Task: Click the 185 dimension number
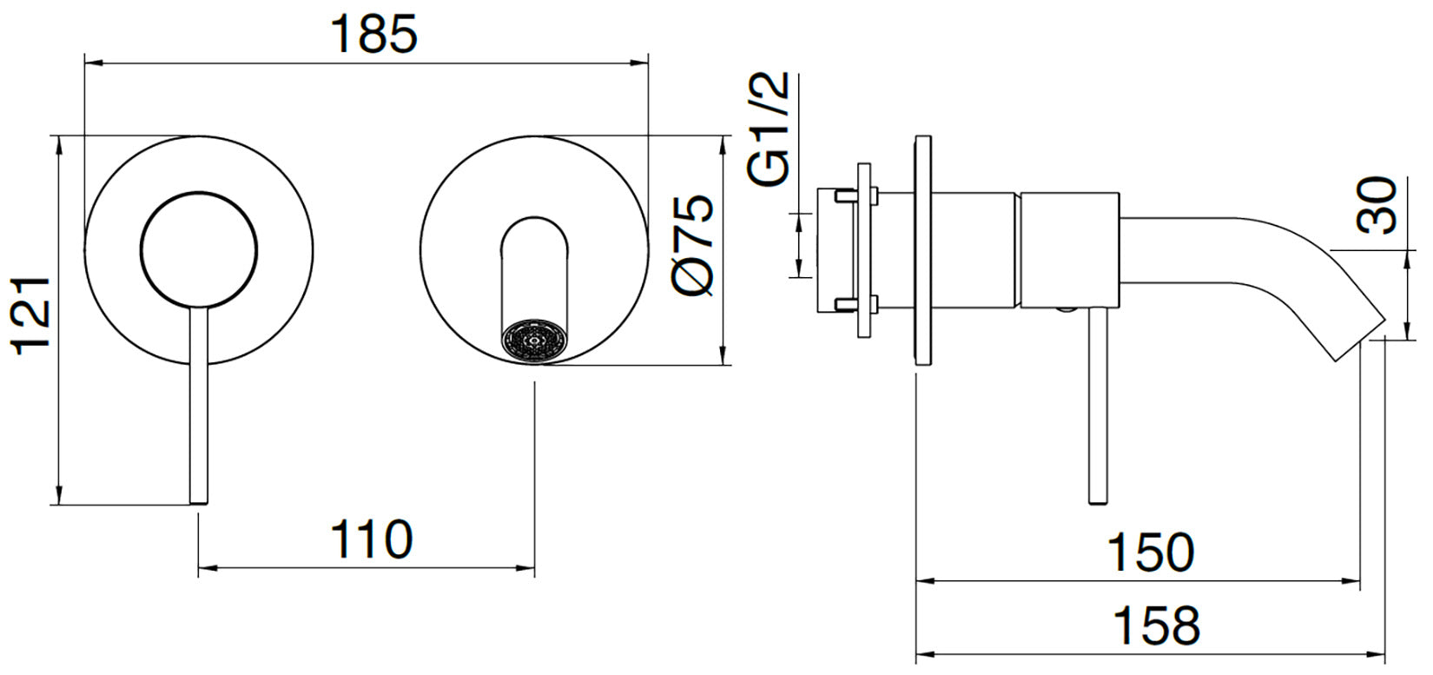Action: click(x=373, y=34)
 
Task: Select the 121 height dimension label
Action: click(x=30, y=316)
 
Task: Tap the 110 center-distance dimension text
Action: click(x=371, y=539)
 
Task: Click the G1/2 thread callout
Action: click(x=769, y=129)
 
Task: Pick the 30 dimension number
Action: click(x=1377, y=205)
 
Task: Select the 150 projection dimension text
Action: click(x=1150, y=553)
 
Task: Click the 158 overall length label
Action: click(x=1157, y=625)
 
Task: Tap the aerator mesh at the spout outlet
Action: click(x=535, y=341)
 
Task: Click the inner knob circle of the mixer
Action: click(x=199, y=249)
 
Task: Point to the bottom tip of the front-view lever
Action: click(x=199, y=504)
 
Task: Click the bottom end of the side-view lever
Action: click(x=1099, y=503)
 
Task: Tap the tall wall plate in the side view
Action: click(x=923, y=250)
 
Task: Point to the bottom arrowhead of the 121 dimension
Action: click(x=59, y=495)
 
